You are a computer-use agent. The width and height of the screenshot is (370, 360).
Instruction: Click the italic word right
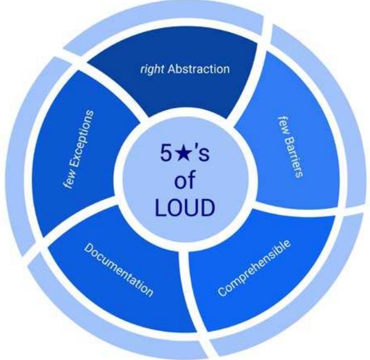coord(152,70)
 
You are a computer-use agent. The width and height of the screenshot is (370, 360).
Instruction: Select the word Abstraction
coord(198,69)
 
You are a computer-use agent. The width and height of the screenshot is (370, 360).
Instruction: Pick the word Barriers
coord(294,157)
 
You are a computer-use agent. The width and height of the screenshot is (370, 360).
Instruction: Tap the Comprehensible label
coord(254,268)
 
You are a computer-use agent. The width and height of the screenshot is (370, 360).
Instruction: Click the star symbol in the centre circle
coord(181,153)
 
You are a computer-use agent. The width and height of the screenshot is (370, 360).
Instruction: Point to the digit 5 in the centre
coord(166,153)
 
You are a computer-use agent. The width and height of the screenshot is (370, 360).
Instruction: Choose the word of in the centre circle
coord(185,180)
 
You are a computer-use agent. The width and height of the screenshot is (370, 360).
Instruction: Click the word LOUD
coord(185,208)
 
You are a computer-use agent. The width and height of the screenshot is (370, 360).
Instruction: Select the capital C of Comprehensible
coord(222,291)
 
